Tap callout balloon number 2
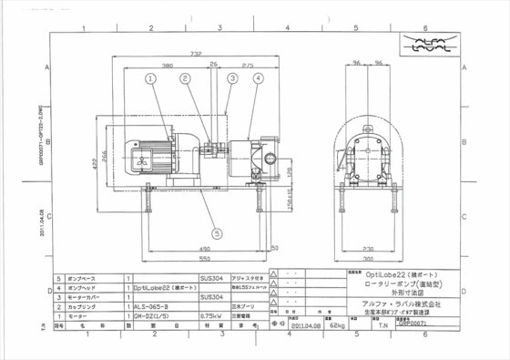185,78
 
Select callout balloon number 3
232,78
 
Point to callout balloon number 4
260,78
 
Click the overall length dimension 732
194,55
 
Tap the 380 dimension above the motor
168,67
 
